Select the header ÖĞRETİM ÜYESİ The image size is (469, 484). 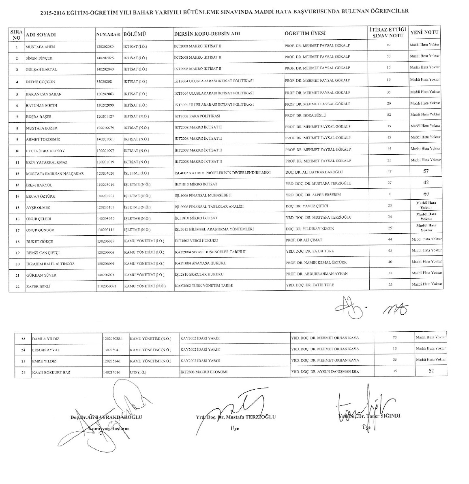[305, 33]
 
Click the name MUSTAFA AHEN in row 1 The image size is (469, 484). [40, 47]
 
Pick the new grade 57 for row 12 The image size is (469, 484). [426, 171]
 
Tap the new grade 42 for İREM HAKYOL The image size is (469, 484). [426, 183]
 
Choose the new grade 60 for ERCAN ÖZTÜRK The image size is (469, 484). [426, 194]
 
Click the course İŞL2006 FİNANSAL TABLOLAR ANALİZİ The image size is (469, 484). [209, 207]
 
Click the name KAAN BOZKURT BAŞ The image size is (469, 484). [51, 372]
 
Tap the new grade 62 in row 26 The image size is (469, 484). [431, 370]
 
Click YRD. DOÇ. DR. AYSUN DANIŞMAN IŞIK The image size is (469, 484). [325, 371]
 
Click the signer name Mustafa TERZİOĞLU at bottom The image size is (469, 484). [250, 417]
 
